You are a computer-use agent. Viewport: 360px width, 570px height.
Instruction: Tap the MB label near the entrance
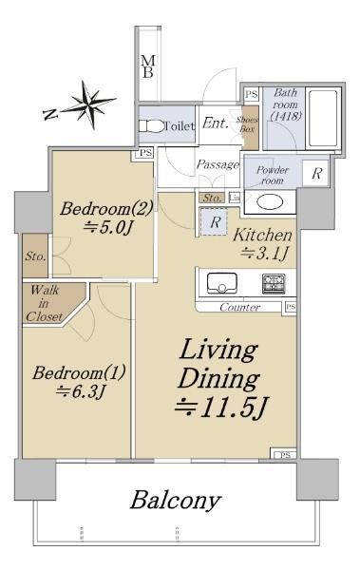(147, 66)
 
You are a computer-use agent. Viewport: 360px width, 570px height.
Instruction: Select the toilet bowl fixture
(152, 126)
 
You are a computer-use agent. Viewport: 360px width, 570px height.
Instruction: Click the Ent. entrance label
(216, 123)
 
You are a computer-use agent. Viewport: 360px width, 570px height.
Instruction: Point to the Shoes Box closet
(251, 127)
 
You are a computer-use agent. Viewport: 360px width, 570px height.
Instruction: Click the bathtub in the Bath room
(323, 118)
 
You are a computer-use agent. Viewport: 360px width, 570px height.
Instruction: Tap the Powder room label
(273, 175)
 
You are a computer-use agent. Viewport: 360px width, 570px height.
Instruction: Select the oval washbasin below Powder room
(270, 202)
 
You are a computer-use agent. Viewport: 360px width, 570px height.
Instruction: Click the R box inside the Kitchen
(215, 221)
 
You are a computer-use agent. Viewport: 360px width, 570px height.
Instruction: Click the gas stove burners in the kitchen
(274, 284)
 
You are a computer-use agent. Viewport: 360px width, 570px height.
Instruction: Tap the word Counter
(240, 307)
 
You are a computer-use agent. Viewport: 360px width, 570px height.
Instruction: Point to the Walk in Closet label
(45, 303)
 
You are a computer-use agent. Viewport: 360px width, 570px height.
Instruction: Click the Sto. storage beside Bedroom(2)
(35, 256)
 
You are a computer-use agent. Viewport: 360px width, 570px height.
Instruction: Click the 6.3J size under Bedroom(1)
(81, 391)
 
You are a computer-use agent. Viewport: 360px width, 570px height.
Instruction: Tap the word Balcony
(176, 501)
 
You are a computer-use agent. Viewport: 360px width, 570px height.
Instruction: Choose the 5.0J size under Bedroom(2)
(107, 228)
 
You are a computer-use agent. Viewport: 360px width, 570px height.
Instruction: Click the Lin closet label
(235, 198)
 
